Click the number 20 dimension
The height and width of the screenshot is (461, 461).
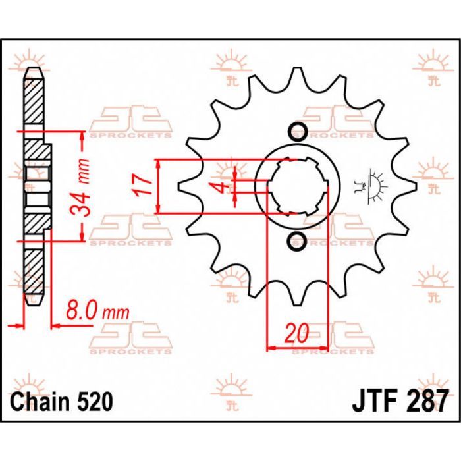point(297,335)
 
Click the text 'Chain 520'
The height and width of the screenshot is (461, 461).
point(62,400)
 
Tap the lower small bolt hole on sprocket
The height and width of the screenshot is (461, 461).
point(297,241)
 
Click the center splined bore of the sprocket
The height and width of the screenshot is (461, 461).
point(297,186)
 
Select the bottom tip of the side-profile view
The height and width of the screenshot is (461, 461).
point(33,305)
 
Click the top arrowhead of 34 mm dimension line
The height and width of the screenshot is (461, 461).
point(81,134)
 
